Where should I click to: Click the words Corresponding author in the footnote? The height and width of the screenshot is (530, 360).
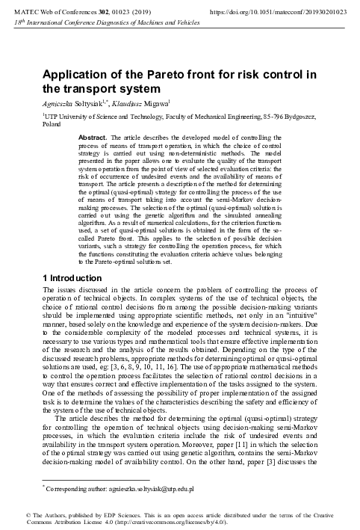coord(75,489)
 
